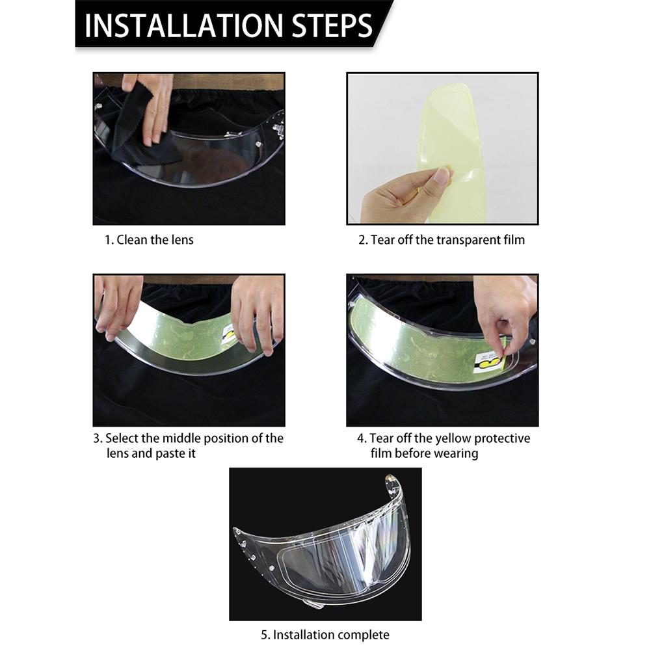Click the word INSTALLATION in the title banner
[184, 25]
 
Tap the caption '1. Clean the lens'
[149, 240]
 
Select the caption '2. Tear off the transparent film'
[442, 240]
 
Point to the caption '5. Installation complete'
[325, 635]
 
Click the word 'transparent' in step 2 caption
[468, 240]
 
